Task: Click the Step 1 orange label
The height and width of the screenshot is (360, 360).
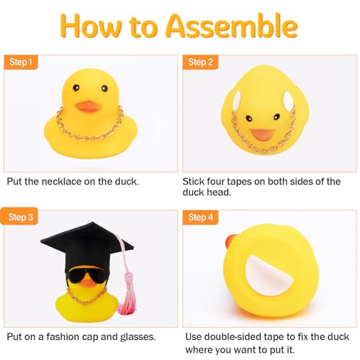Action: coord(21,62)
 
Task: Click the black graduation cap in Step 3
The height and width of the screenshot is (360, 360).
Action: coord(73,242)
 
